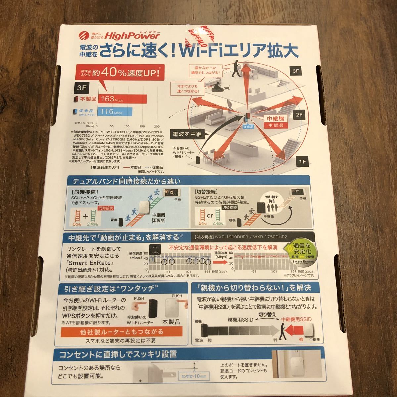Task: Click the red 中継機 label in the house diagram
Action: pyautogui.click(x=273, y=118)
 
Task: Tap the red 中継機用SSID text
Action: pyautogui.click(x=296, y=319)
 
